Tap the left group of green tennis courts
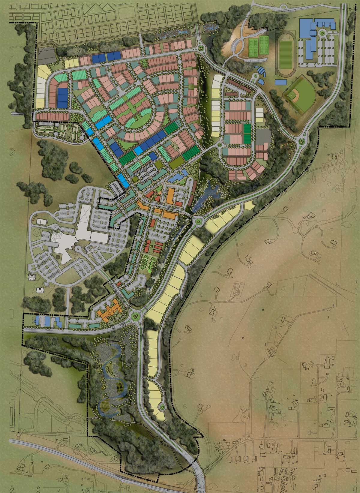tap(253, 46)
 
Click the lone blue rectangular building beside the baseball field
tap(281, 82)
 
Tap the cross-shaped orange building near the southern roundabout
tap(108, 312)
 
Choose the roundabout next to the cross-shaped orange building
tap(136, 316)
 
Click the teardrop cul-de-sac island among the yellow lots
tap(163, 407)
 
